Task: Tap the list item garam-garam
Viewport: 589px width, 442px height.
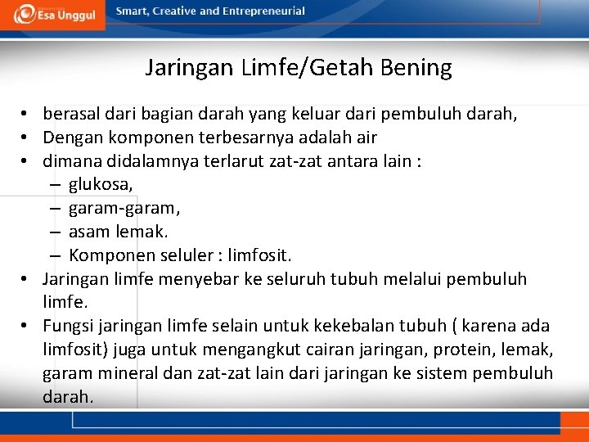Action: coord(124,208)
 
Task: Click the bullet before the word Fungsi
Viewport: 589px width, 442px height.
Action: coord(27,327)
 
